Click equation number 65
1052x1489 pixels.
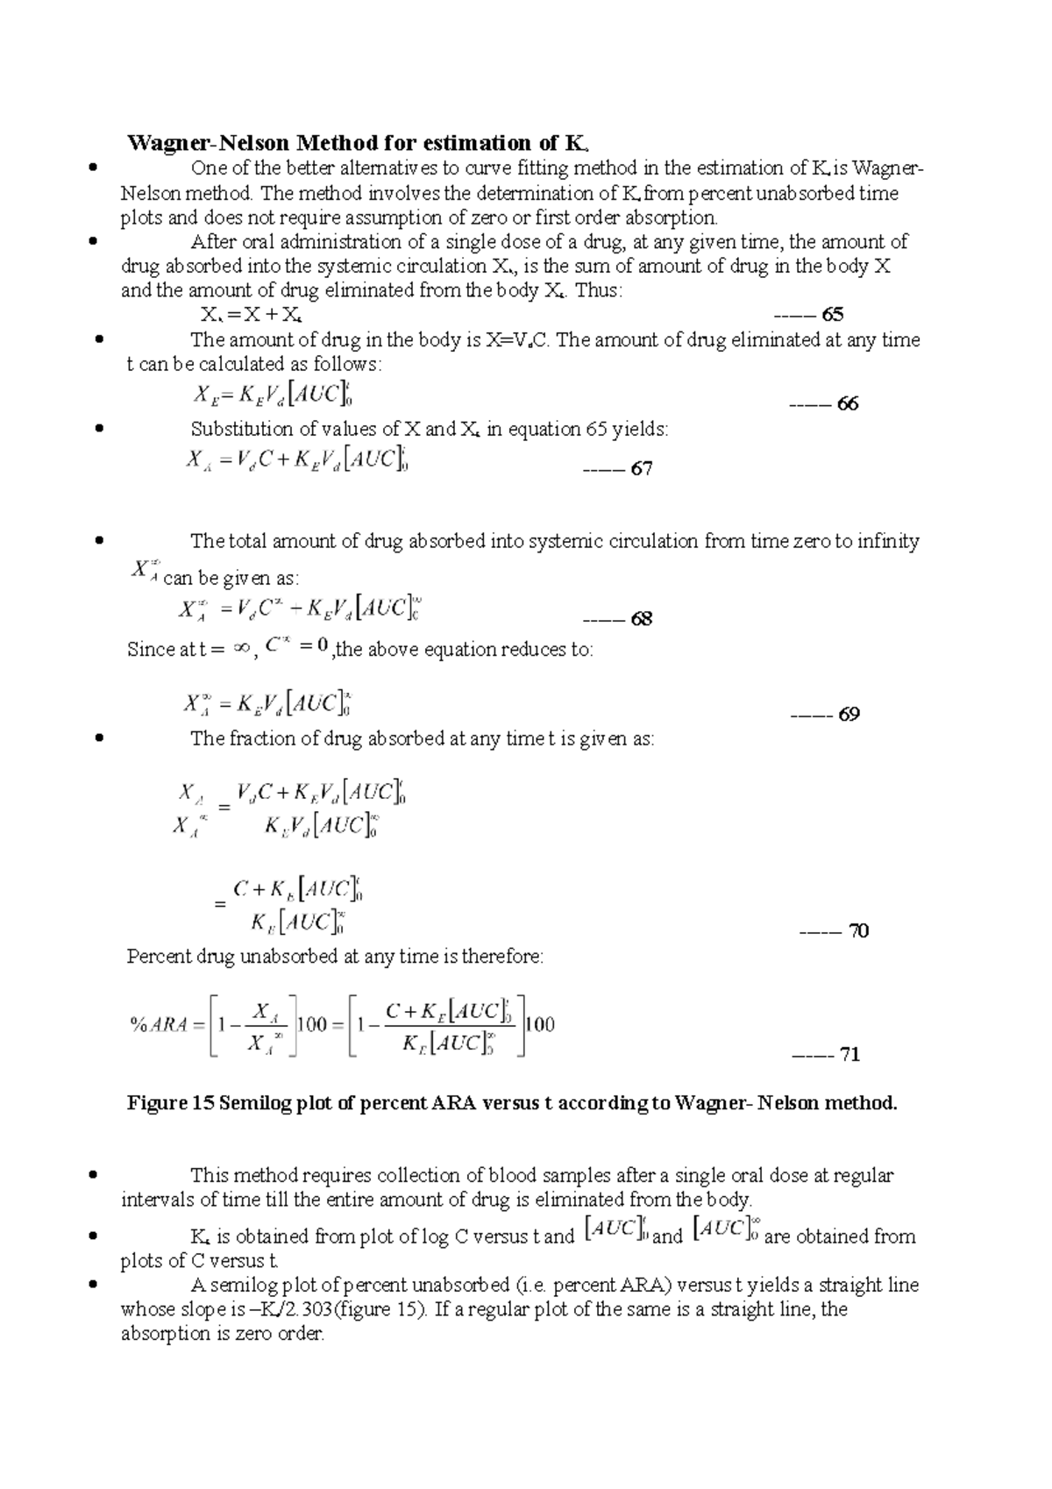[833, 315]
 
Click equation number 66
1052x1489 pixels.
[848, 404]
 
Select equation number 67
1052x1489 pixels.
[642, 469]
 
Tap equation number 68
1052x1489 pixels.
[642, 619]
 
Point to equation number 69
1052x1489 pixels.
[849, 715]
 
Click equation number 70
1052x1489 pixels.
[858, 931]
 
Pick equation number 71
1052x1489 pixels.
[849, 1055]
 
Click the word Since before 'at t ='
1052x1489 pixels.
[151, 651]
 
